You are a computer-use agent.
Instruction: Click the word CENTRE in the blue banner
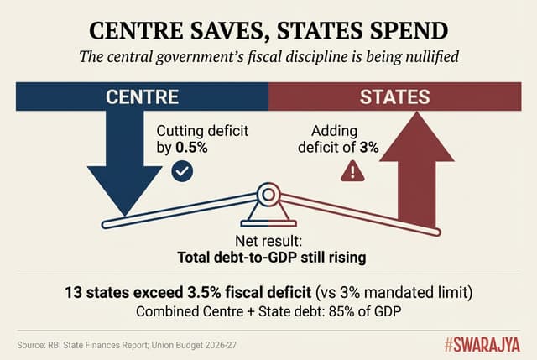[x=143, y=97]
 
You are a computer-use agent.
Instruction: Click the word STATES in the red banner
[x=394, y=97]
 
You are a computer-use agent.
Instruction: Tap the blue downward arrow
[x=126, y=168]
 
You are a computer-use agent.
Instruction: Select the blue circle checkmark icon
[x=181, y=171]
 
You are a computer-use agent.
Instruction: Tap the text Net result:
[x=268, y=242]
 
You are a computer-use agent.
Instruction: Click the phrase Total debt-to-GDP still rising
[x=268, y=258]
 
